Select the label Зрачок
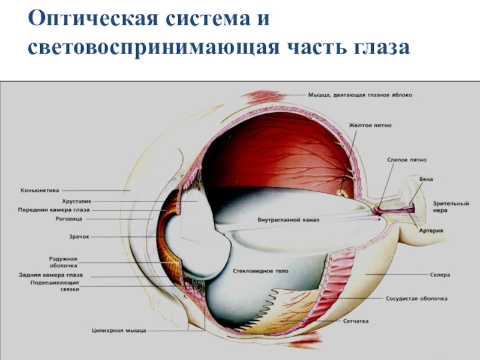[79, 237]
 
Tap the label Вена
[427, 179]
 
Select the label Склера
[440, 275]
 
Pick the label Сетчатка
[356, 321]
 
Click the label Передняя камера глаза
[55, 211]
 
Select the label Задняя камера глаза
[51, 275]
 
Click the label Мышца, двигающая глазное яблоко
[360, 94]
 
